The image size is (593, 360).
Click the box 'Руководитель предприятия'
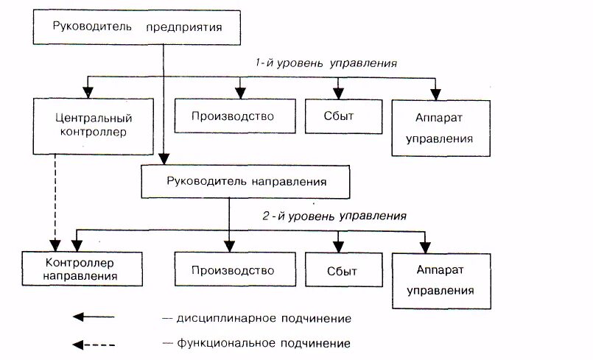[x=136, y=28]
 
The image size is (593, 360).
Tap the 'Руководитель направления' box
[x=246, y=180]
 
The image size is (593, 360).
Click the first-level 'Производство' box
[x=233, y=116]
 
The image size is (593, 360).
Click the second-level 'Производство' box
[x=233, y=269]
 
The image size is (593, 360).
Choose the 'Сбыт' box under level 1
[x=338, y=116]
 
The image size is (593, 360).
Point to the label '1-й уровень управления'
[x=326, y=63]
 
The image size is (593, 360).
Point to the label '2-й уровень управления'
[x=334, y=216]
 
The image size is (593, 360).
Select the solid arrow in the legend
[x=94, y=317]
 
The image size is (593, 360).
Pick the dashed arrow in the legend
[x=94, y=342]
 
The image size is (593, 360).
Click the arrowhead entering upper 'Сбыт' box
[x=338, y=93]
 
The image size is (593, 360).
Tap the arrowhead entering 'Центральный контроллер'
[x=88, y=93]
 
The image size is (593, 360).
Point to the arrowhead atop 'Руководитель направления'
[x=164, y=158]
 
